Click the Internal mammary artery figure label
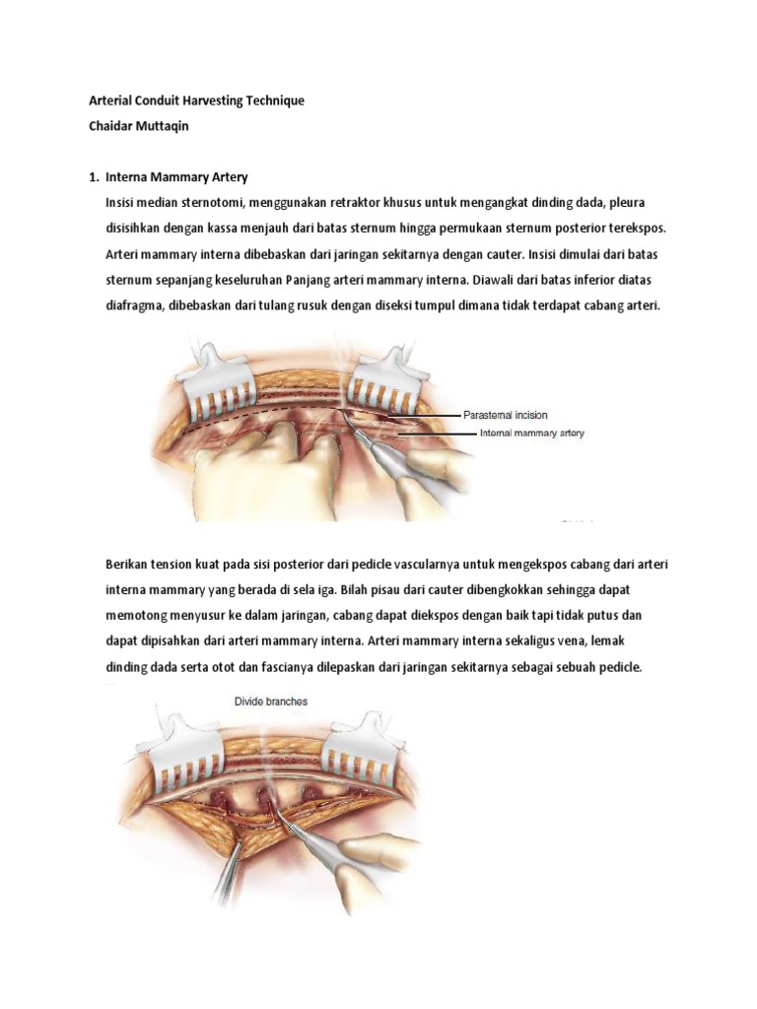click(530, 433)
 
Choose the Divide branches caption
click(270, 703)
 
